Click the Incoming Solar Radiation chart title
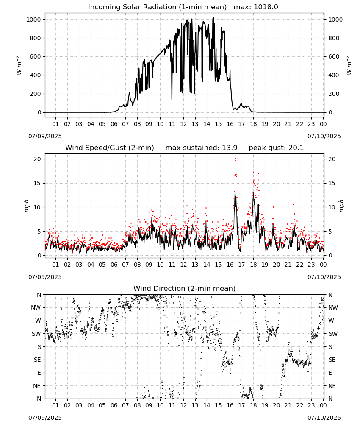coord(157,7)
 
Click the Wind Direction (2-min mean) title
coord(185,288)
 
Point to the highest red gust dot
coord(235,159)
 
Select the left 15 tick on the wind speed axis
coord(37,183)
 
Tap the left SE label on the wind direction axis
coord(37,360)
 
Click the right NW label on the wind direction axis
coord(333,307)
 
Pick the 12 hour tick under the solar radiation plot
coord(183,124)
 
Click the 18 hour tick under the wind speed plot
coord(253,265)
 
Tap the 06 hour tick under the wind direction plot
coord(114,405)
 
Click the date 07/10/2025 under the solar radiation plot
coord(324,136)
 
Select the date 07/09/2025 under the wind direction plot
coord(45,418)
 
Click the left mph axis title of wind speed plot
coord(26,206)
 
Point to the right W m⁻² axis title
coord(349,65)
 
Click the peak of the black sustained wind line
coord(235,189)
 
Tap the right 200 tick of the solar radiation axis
coord(334,94)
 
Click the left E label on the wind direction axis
coord(39,373)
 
